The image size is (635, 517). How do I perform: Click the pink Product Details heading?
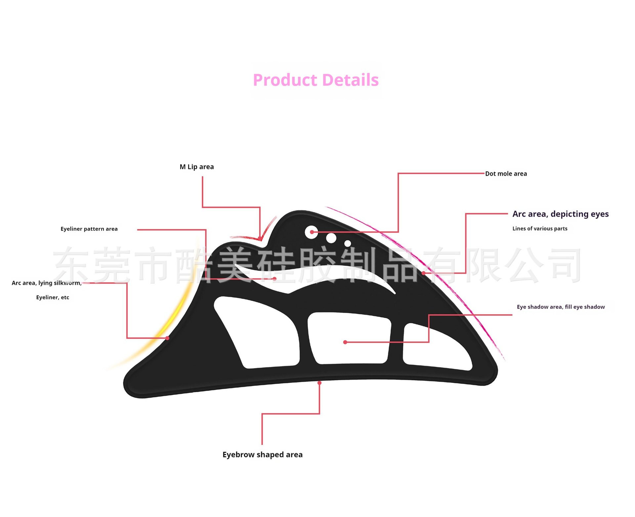coord(316,80)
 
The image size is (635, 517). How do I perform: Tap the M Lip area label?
coord(196,167)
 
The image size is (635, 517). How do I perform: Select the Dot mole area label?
coord(506,174)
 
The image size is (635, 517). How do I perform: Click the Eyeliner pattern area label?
coord(89,229)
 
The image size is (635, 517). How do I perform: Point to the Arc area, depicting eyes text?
coord(560,214)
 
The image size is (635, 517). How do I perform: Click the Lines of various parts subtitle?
coord(539,229)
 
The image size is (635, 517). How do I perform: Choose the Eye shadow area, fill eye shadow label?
coord(561,307)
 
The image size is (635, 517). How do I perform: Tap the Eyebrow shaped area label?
coord(262,455)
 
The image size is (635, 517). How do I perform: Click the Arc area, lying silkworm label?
coord(46,283)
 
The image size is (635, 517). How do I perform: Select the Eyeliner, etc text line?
coord(53,298)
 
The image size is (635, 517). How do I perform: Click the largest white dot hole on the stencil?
coord(311,232)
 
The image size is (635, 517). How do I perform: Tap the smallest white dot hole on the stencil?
coord(348,244)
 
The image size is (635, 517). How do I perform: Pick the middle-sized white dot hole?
coord(331,238)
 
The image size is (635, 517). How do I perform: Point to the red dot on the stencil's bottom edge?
coord(319,383)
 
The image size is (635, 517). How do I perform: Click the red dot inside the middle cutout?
coord(345,342)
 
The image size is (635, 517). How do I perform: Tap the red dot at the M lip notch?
coord(260,238)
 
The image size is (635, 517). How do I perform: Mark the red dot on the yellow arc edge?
coord(167,338)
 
